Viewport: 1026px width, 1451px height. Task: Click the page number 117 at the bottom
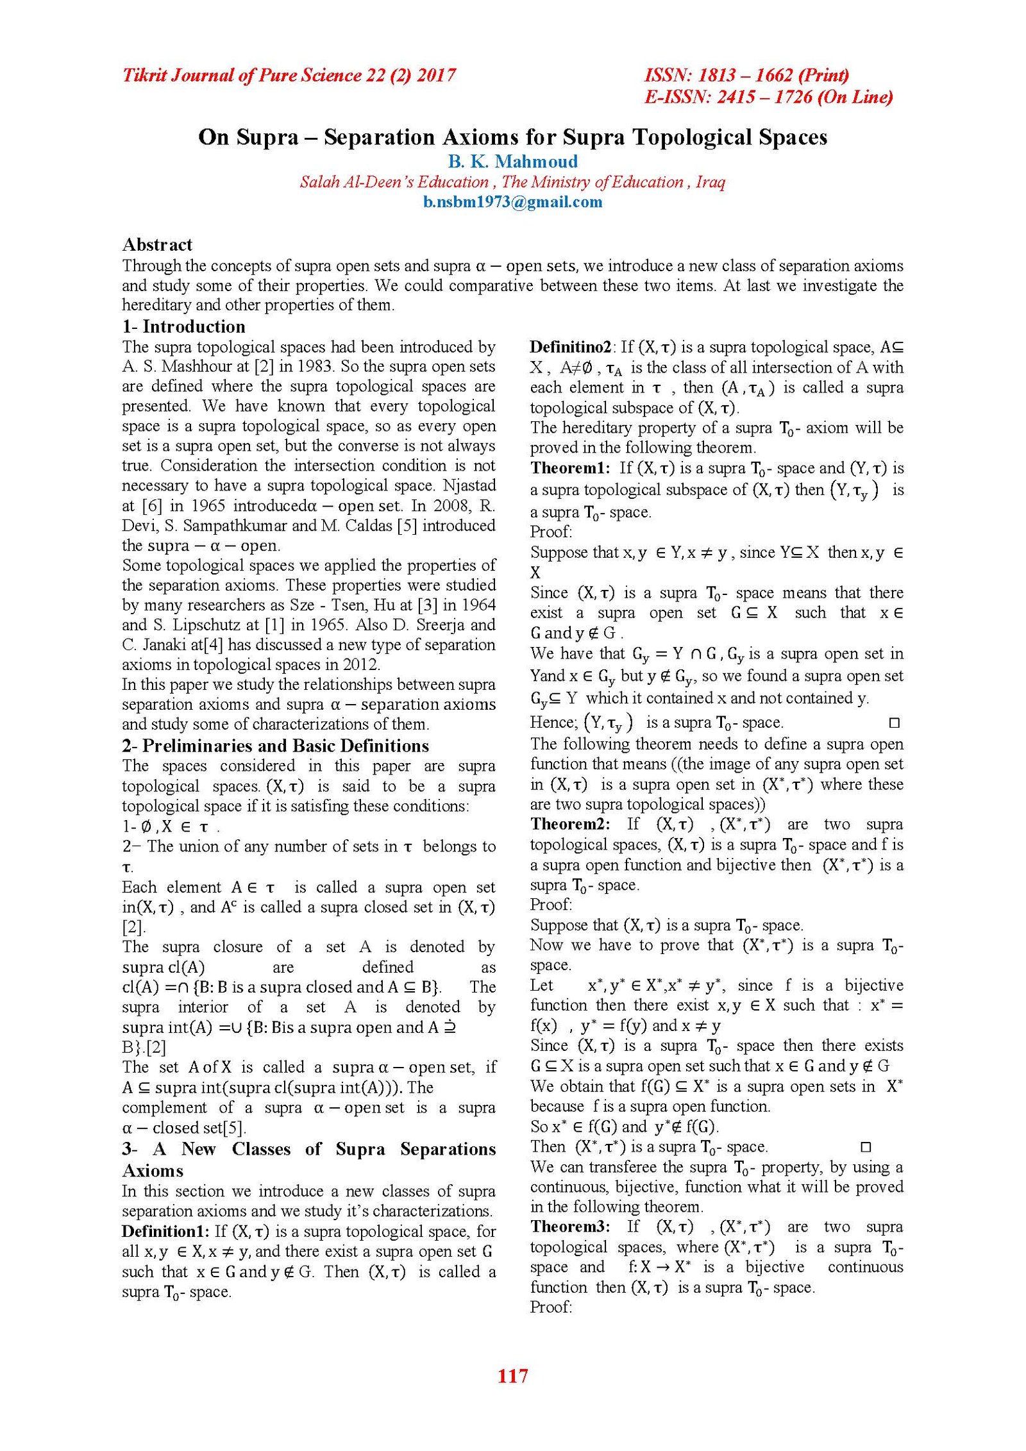coord(512,1375)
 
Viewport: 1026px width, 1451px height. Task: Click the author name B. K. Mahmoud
coord(512,161)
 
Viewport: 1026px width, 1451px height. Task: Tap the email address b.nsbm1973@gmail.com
coord(512,202)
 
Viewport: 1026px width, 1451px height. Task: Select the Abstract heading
coord(157,244)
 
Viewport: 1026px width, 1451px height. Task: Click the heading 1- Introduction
coord(183,326)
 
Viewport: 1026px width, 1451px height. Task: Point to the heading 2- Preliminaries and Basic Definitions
coord(275,746)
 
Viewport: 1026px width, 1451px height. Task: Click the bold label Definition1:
coord(165,1231)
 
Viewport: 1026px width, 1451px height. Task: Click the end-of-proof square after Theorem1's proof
coord(894,723)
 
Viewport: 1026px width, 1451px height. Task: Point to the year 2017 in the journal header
coord(436,75)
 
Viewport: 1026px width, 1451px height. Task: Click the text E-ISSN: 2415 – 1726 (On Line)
coord(768,97)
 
